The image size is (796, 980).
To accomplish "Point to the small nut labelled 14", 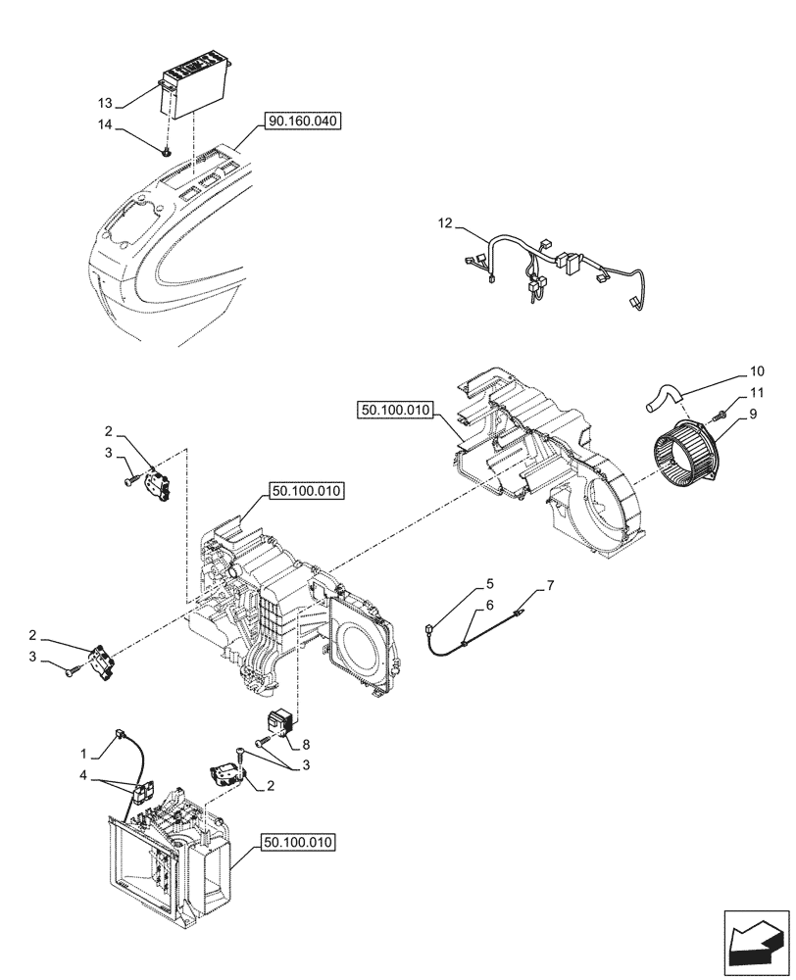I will coord(170,150).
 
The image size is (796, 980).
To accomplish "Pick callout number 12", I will coord(446,224).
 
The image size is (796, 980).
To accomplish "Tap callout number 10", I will coord(756,372).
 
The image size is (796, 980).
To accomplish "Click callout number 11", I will coord(756,392).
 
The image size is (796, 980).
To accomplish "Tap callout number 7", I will coord(550,586).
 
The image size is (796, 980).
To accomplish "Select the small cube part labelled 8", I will coord(278,722).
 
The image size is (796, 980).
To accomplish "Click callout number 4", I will coord(84,776).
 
